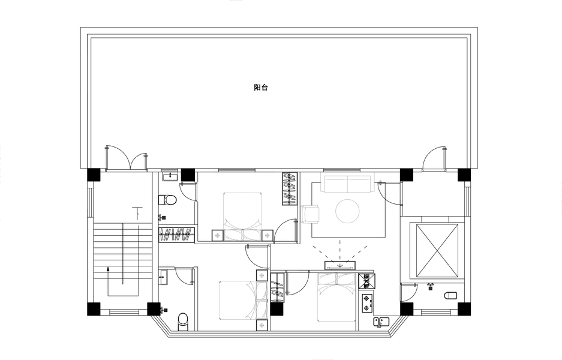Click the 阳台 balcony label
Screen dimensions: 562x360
pos(260,88)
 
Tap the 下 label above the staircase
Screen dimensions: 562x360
pos(137,213)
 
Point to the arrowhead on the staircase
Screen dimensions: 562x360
pos(108,269)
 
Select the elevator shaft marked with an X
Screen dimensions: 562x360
pos(437,250)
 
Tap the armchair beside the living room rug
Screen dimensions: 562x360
pos(311,214)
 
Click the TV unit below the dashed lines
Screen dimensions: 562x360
pos(340,265)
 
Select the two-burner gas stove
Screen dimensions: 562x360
pos(366,302)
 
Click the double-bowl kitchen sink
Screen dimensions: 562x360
pos(381,321)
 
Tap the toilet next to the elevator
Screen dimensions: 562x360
pos(450,295)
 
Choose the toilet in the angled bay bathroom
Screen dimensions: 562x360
pos(183,322)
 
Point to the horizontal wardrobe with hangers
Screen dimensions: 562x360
pos(177,234)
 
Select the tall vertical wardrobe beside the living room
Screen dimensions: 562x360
pos(290,189)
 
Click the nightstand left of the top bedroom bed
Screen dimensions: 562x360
pos(217,235)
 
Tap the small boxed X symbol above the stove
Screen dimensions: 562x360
pos(366,281)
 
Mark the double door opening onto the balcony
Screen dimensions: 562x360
pos(127,158)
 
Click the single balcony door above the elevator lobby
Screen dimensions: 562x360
pos(434,158)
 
